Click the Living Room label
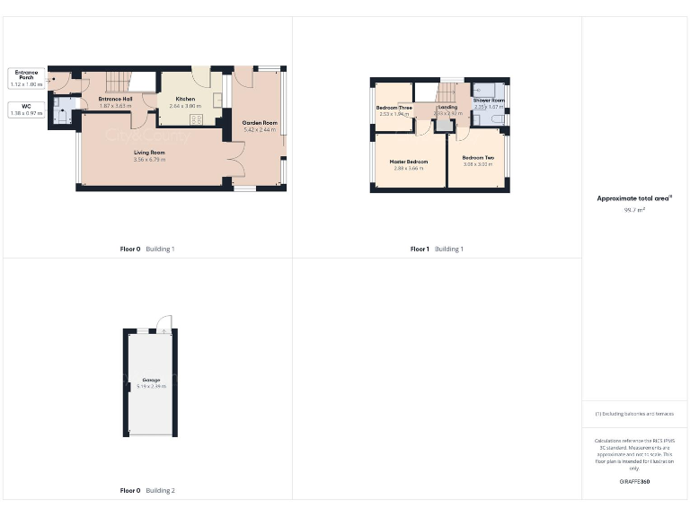pyautogui.click(x=149, y=153)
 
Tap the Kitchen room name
pyautogui.click(x=185, y=99)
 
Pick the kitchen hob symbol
pyautogui.click(x=197, y=119)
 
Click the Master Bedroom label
pyautogui.click(x=408, y=162)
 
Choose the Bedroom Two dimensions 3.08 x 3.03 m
pyautogui.click(x=478, y=164)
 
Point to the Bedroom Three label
pyautogui.click(x=394, y=108)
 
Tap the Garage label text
pyautogui.click(x=151, y=380)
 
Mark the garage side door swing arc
pyautogui.click(x=163, y=323)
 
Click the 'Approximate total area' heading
pyautogui.click(x=634, y=198)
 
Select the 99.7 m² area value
pyautogui.click(x=634, y=210)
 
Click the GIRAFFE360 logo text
pyautogui.click(x=634, y=482)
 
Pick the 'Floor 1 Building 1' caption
pyautogui.click(x=437, y=249)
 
